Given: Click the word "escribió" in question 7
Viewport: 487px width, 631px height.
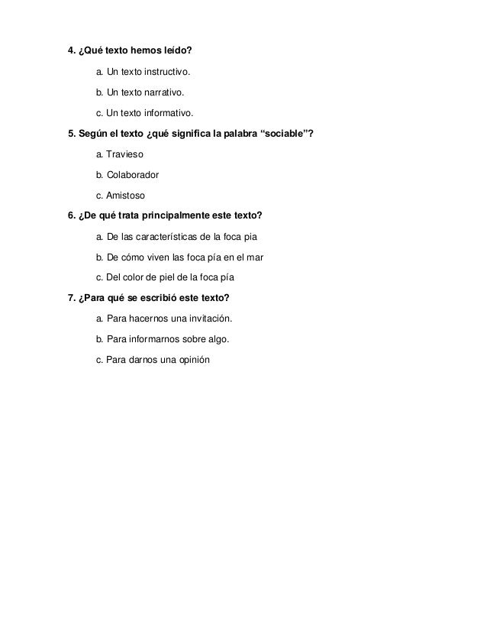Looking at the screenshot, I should coord(158,298).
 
